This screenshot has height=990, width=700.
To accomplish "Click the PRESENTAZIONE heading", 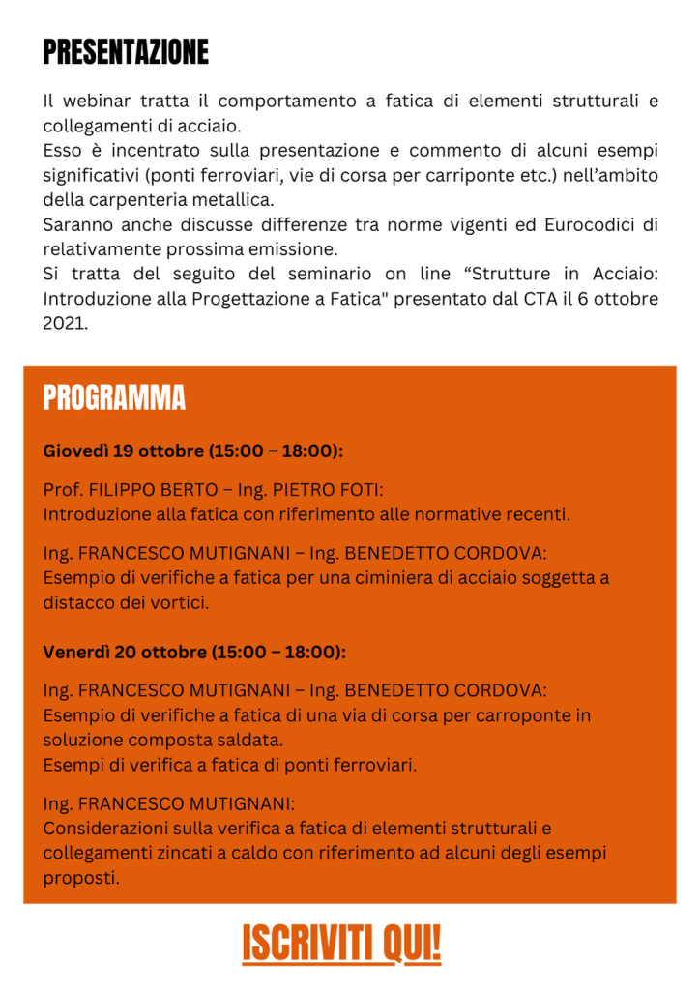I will pyautogui.click(x=126, y=52).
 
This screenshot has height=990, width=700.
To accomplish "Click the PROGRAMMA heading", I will pyautogui.click(x=114, y=397).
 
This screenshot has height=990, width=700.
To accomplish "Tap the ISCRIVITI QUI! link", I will pyautogui.click(x=341, y=943).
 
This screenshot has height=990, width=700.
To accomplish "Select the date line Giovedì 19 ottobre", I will pyautogui.click(x=193, y=451).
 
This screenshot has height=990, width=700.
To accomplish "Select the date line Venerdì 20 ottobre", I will pyautogui.click(x=194, y=652).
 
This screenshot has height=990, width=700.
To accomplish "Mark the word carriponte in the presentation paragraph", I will pyautogui.click(x=511, y=176).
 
